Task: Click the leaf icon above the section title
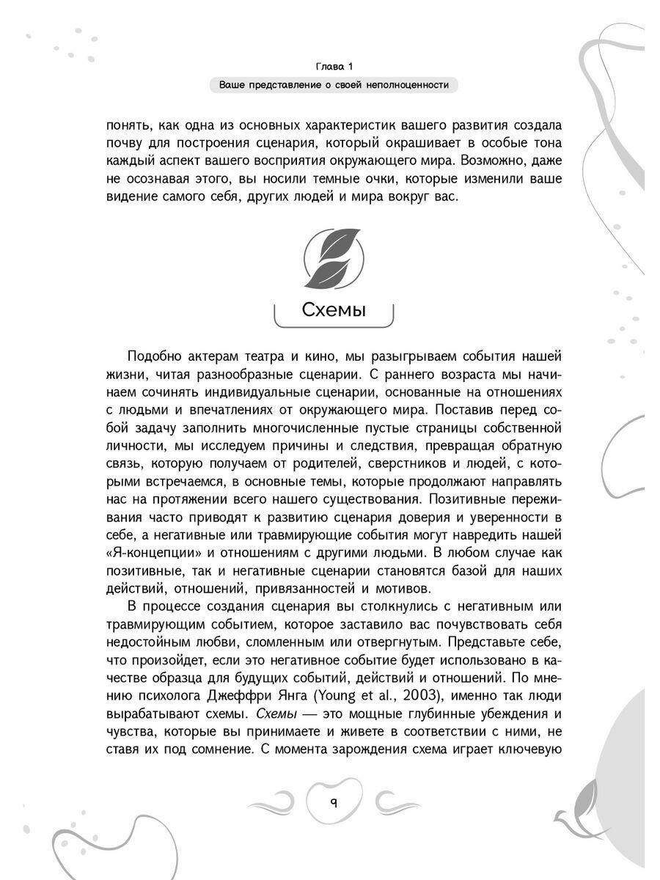coord(334,257)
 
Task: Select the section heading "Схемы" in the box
coord(334,310)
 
